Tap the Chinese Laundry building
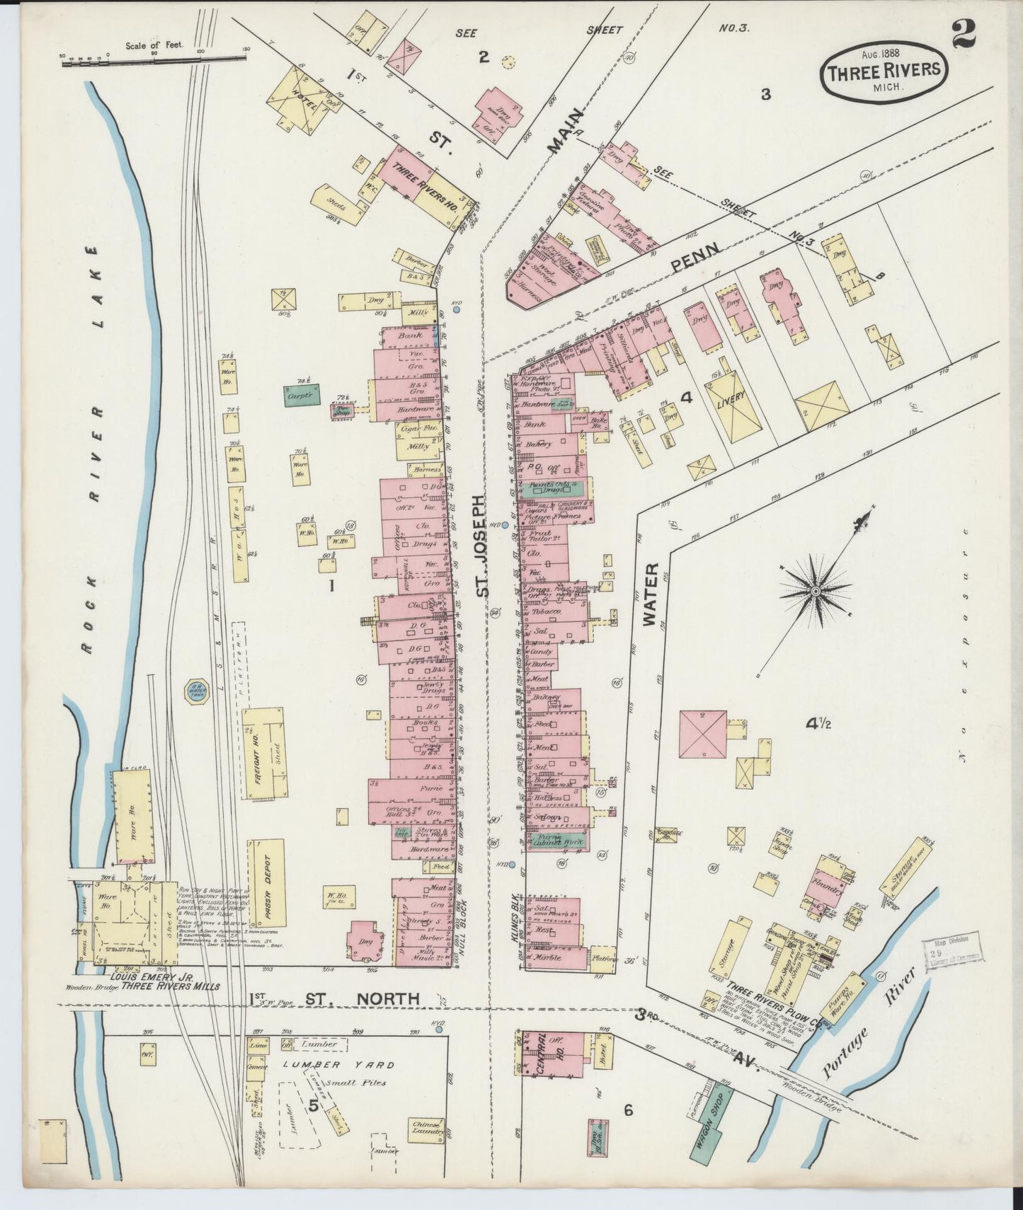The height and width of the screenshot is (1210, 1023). click(428, 1129)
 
